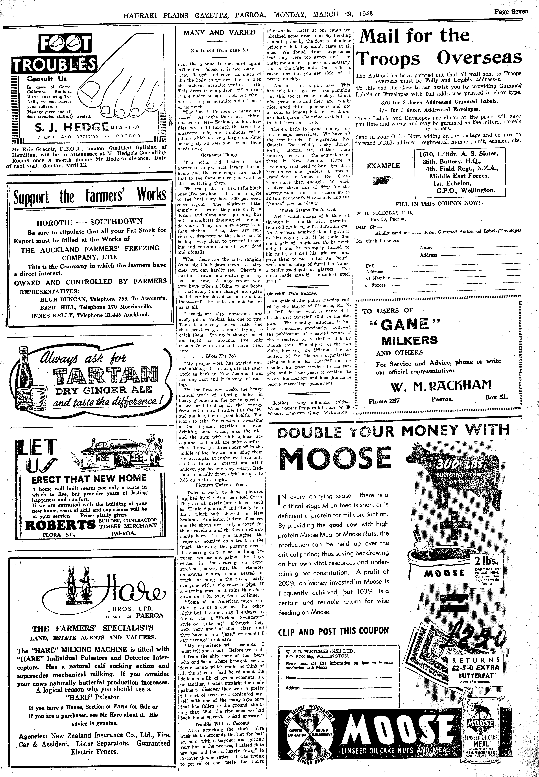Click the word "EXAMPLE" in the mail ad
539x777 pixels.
point(383,166)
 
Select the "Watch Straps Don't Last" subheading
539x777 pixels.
point(308,210)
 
